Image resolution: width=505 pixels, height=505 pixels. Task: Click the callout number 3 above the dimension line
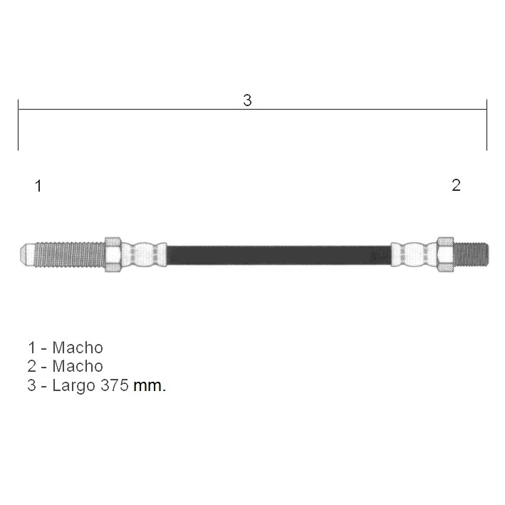point(247,100)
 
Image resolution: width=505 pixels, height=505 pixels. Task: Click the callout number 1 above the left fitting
point(38,186)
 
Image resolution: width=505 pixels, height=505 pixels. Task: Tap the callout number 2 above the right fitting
point(456,185)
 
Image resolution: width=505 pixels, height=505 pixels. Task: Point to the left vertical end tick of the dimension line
point(19,125)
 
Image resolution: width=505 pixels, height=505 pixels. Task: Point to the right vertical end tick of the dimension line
point(486,125)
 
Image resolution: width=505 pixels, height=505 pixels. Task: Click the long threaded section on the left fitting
point(70,254)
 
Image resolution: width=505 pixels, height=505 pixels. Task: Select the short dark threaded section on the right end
point(471,254)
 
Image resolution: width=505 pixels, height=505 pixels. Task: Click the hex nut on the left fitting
point(113,254)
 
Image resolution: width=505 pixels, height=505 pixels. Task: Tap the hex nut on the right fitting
point(445,254)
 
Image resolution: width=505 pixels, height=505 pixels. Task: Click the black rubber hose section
point(279,255)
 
